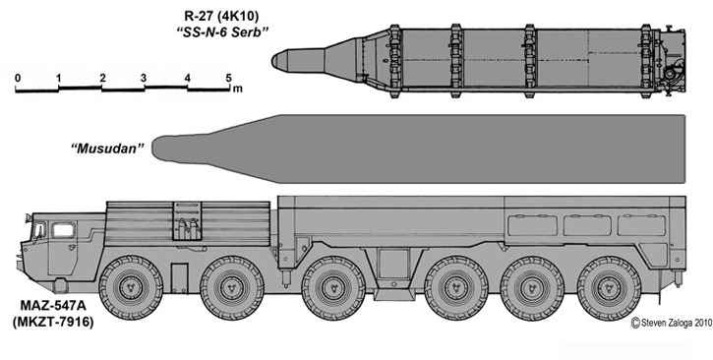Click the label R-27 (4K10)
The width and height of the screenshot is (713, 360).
click(x=221, y=17)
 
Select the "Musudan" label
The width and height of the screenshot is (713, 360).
click(x=107, y=149)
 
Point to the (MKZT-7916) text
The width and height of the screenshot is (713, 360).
click(x=53, y=322)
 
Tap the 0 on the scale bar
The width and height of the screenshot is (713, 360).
click(x=18, y=78)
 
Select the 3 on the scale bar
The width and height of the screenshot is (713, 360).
click(x=144, y=78)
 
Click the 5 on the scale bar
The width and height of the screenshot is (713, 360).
click(x=229, y=78)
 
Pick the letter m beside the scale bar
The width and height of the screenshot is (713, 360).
click(x=237, y=89)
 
